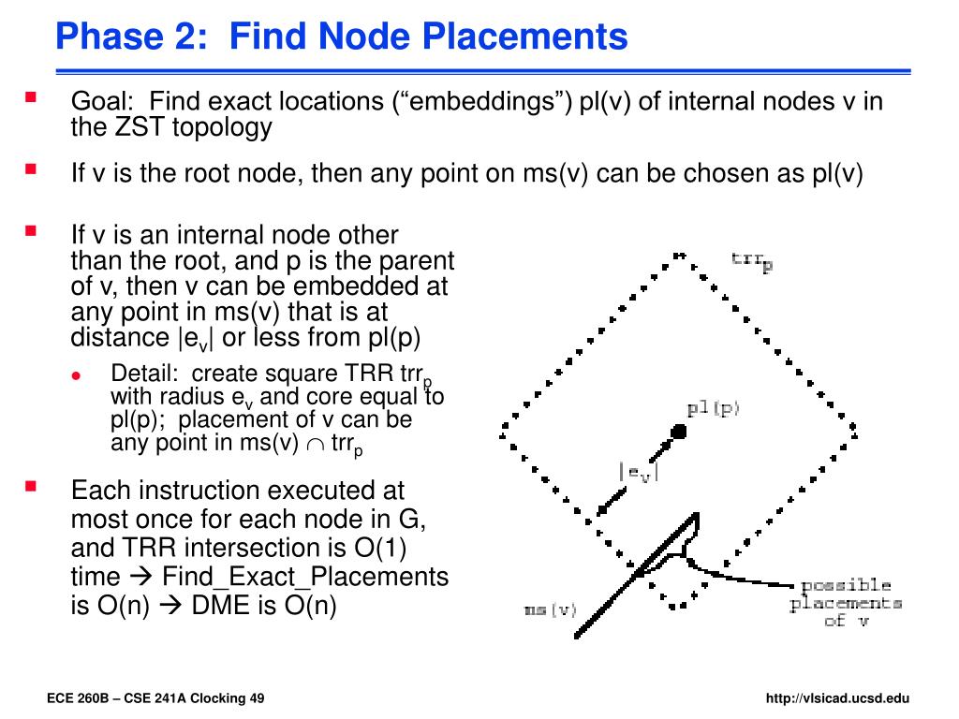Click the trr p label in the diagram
click(752, 261)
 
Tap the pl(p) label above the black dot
click(713, 408)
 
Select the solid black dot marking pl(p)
click(679, 431)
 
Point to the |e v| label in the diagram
click(639, 473)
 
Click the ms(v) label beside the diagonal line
click(551, 610)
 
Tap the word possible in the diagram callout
click(845, 585)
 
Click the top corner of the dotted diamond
click(678, 254)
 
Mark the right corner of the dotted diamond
click(854, 430)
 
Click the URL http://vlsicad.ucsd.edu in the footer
click(837, 698)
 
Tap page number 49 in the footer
click(257, 698)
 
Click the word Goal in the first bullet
click(102, 101)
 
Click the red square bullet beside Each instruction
click(31, 487)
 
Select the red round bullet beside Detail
click(79, 374)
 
